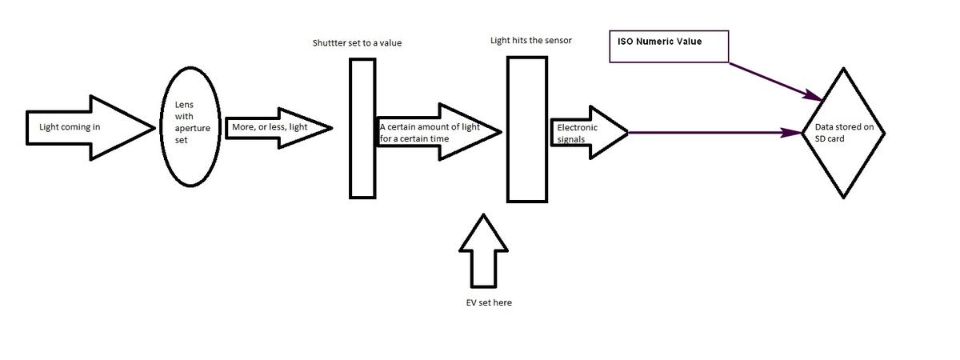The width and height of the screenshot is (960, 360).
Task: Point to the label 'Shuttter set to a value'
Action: click(x=357, y=42)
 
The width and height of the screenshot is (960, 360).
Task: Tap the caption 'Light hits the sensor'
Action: click(x=530, y=40)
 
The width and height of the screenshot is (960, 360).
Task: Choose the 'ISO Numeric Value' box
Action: click(x=669, y=47)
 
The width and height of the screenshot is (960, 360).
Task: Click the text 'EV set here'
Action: click(x=488, y=303)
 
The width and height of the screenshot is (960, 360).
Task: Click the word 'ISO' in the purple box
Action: click(x=626, y=41)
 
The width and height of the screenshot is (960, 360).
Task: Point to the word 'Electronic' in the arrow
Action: click(x=577, y=127)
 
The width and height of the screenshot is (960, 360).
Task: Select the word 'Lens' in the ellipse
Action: click(x=184, y=104)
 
